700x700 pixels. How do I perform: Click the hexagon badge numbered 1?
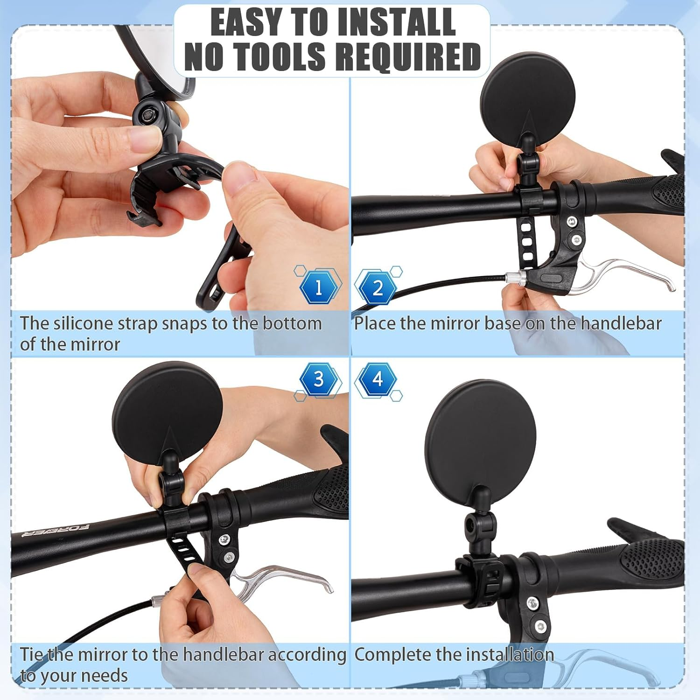(x=319, y=287)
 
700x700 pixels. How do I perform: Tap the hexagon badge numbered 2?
(x=377, y=287)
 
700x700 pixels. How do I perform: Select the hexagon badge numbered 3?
(x=319, y=379)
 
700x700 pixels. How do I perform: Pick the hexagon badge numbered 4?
(x=377, y=379)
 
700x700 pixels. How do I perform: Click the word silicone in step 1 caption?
(x=83, y=323)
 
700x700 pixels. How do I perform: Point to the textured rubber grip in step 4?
(x=653, y=560)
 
